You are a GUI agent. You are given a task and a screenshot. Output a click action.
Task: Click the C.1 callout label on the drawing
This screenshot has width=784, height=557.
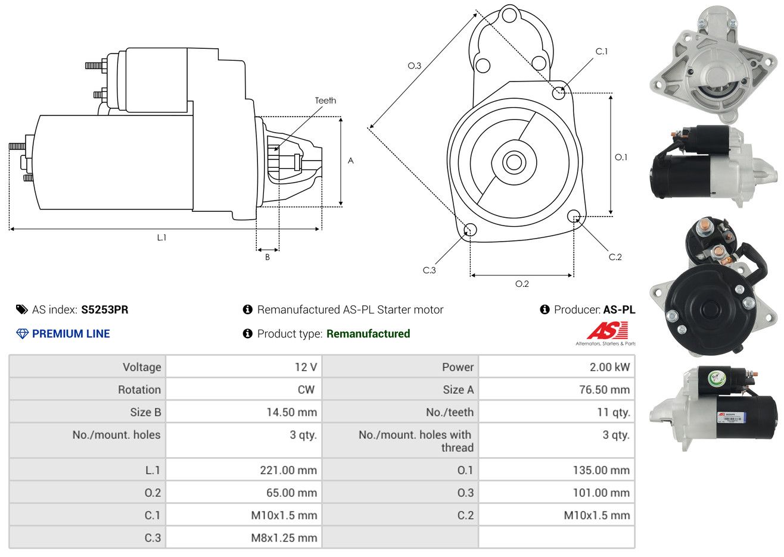click(x=601, y=51)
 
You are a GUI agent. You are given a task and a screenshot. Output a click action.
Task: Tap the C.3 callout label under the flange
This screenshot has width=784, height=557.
click(x=429, y=270)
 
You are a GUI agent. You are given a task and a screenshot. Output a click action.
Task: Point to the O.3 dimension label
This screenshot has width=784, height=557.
click(x=415, y=65)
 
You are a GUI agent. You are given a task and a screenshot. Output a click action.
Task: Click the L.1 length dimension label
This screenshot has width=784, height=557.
click(x=161, y=238)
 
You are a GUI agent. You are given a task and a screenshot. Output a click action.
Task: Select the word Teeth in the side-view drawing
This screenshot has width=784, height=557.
click(x=325, y=101)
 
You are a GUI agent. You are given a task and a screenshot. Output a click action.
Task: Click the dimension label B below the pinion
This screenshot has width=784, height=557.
click(x=267, y=257)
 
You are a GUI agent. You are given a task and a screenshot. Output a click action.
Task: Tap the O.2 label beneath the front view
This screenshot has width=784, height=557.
click(x=522, y=284)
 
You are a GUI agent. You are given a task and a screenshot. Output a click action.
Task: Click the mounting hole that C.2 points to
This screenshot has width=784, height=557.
click(x=574, y=216)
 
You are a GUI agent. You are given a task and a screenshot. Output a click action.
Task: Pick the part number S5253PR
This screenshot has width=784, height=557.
click(x=105, y=310)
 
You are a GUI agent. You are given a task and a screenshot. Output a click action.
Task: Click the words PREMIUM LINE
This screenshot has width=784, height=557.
click(x=71, y=334)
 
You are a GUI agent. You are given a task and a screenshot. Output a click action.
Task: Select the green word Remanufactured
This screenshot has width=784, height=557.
click(x=368, y=334)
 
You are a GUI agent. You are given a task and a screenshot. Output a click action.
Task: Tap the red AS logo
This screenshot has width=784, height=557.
click(x=607, y=330)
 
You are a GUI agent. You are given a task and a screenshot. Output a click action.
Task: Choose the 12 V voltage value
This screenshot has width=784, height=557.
click(x=306, y=367)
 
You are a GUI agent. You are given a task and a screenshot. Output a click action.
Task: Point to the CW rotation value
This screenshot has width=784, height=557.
click(x=306, y=390)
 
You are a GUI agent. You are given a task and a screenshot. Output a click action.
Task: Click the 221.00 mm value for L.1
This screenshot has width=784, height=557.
click(x=288, y=470)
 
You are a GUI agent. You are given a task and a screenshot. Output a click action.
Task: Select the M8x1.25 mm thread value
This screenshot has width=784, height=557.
click(x=284, y=538)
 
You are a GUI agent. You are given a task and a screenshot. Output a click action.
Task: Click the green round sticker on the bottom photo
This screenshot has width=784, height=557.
click(x=717, y=378)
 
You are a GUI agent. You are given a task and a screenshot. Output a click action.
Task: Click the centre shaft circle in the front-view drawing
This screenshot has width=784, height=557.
click(x=514, y=162)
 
